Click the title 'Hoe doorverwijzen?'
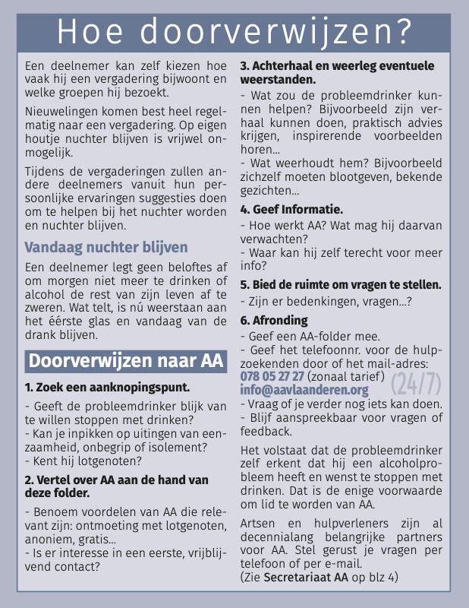click(x=234, y=32)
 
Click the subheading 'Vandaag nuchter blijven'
click(x=105, y=247)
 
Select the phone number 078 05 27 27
click(x=272, y=376)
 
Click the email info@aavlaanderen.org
click(x=304, y=390)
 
